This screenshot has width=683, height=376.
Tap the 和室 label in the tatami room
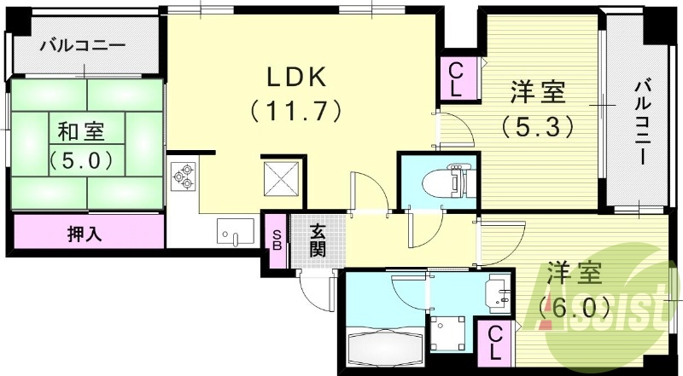[81, 132]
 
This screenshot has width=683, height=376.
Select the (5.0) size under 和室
[81, 159]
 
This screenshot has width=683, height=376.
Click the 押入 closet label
[85, 232]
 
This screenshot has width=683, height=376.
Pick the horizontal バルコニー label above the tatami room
[83, 45]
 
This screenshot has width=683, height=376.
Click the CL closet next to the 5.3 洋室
[456, 78]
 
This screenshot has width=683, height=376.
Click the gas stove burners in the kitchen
[184, 176]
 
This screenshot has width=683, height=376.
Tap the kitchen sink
[232, 231]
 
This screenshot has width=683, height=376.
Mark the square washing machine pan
[449, 333]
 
